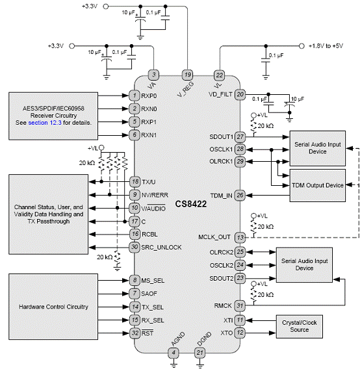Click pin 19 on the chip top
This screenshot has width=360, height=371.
[x=187, y=75]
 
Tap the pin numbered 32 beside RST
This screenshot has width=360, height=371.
[x=135, y=333]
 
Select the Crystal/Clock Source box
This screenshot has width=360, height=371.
[x=299, y=326]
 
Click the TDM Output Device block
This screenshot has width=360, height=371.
[x=317, y=185]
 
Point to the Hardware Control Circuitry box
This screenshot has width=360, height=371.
[x=53, y=307]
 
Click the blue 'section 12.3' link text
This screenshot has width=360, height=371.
[x=45, y=123]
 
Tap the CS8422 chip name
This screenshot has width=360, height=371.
[x=191, y=204]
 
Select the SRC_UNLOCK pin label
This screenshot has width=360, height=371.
[x=161, y=248]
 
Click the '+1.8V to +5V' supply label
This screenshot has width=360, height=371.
[x=326, y=46]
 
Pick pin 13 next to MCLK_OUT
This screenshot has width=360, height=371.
[x=240, y=237]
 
